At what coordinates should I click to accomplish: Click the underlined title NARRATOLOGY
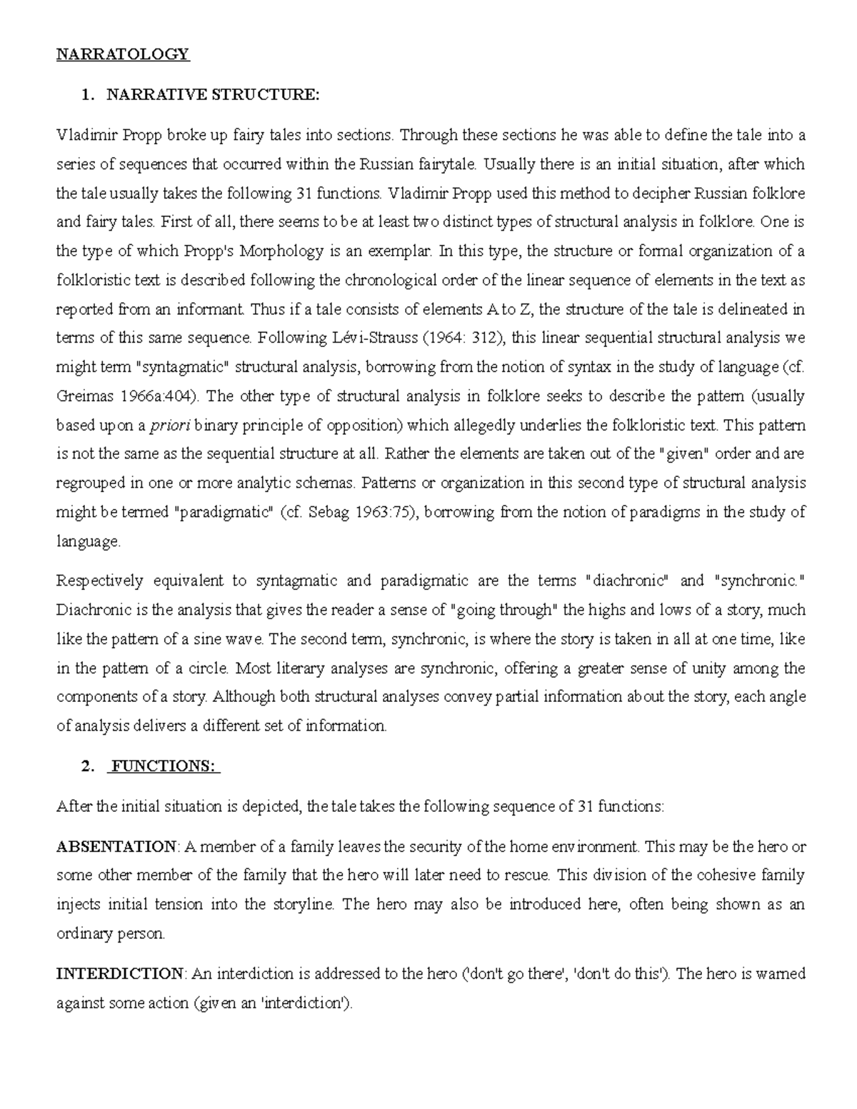pos(123,54)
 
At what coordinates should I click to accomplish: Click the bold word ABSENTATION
pos(116,847)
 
